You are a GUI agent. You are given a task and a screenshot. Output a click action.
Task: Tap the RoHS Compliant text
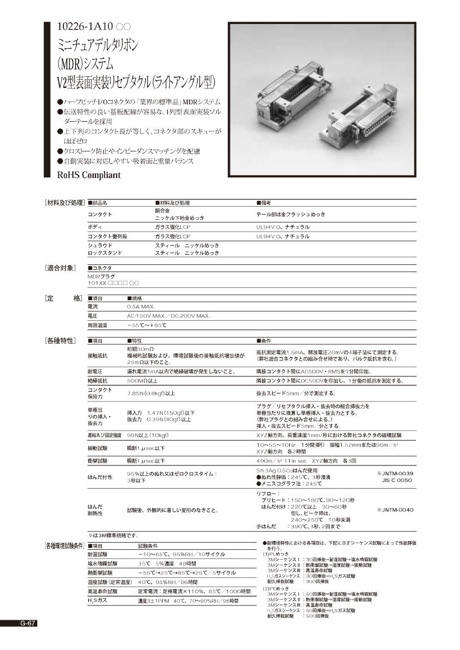coord(89,175)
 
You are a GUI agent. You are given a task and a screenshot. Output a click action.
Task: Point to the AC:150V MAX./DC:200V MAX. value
coord(168,316)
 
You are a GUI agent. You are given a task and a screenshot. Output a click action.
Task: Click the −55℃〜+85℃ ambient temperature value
coord(147,325)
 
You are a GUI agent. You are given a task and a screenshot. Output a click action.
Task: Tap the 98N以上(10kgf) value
coord(148,435)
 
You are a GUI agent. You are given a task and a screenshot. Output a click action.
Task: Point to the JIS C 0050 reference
coord(397,480)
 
